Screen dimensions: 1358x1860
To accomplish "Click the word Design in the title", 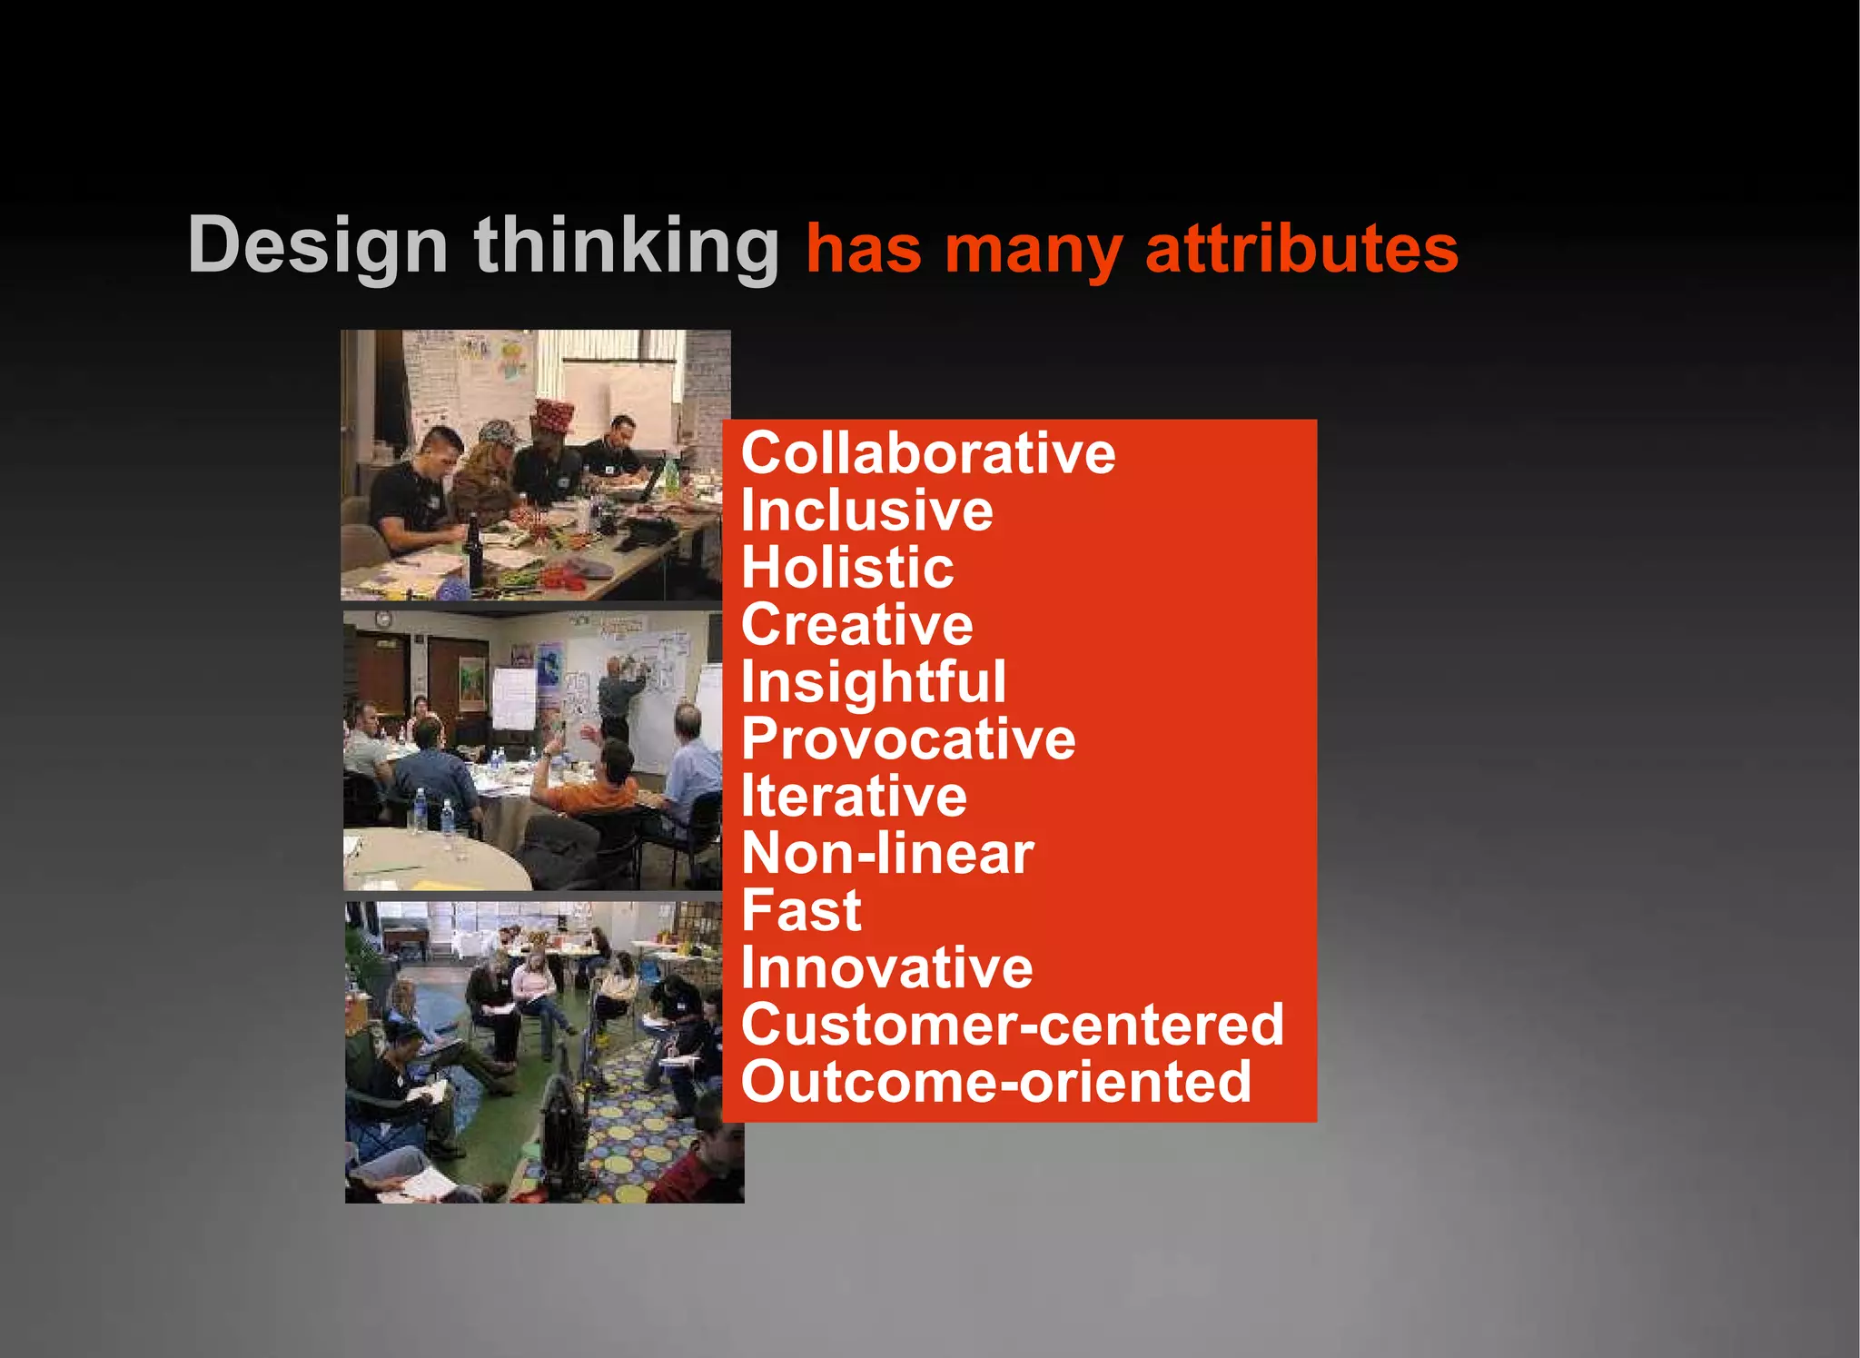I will coord(317,245).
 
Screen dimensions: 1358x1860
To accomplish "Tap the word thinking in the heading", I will coord(627,245).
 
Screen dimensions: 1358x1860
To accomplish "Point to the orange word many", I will coord(1033,251).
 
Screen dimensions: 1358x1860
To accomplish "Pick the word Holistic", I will coord(847,567).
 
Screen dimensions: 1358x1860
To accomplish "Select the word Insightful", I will coord(873,682).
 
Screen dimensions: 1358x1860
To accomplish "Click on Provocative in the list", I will coord(907,738).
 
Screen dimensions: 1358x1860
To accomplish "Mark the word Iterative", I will coord(854,796).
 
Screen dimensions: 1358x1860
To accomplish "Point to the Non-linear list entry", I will coord(887,853).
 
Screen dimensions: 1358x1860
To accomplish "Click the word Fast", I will coord(800,910).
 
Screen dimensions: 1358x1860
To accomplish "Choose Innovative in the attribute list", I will coord(886,967).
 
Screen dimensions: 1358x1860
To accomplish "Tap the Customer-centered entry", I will coord(1012,1025).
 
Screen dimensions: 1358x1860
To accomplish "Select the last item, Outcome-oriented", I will coord(995,1082).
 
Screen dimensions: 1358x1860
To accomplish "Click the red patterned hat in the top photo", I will coord(552,415).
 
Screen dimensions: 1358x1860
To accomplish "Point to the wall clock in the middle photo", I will coord(383,620).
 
